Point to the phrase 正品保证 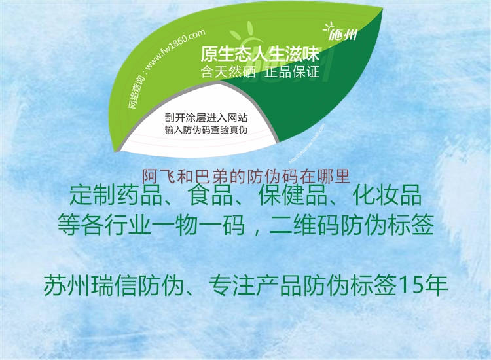(x=293, y=71)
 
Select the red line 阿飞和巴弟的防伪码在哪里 (x=247, y=175)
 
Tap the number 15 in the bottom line (x=410, y=286)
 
